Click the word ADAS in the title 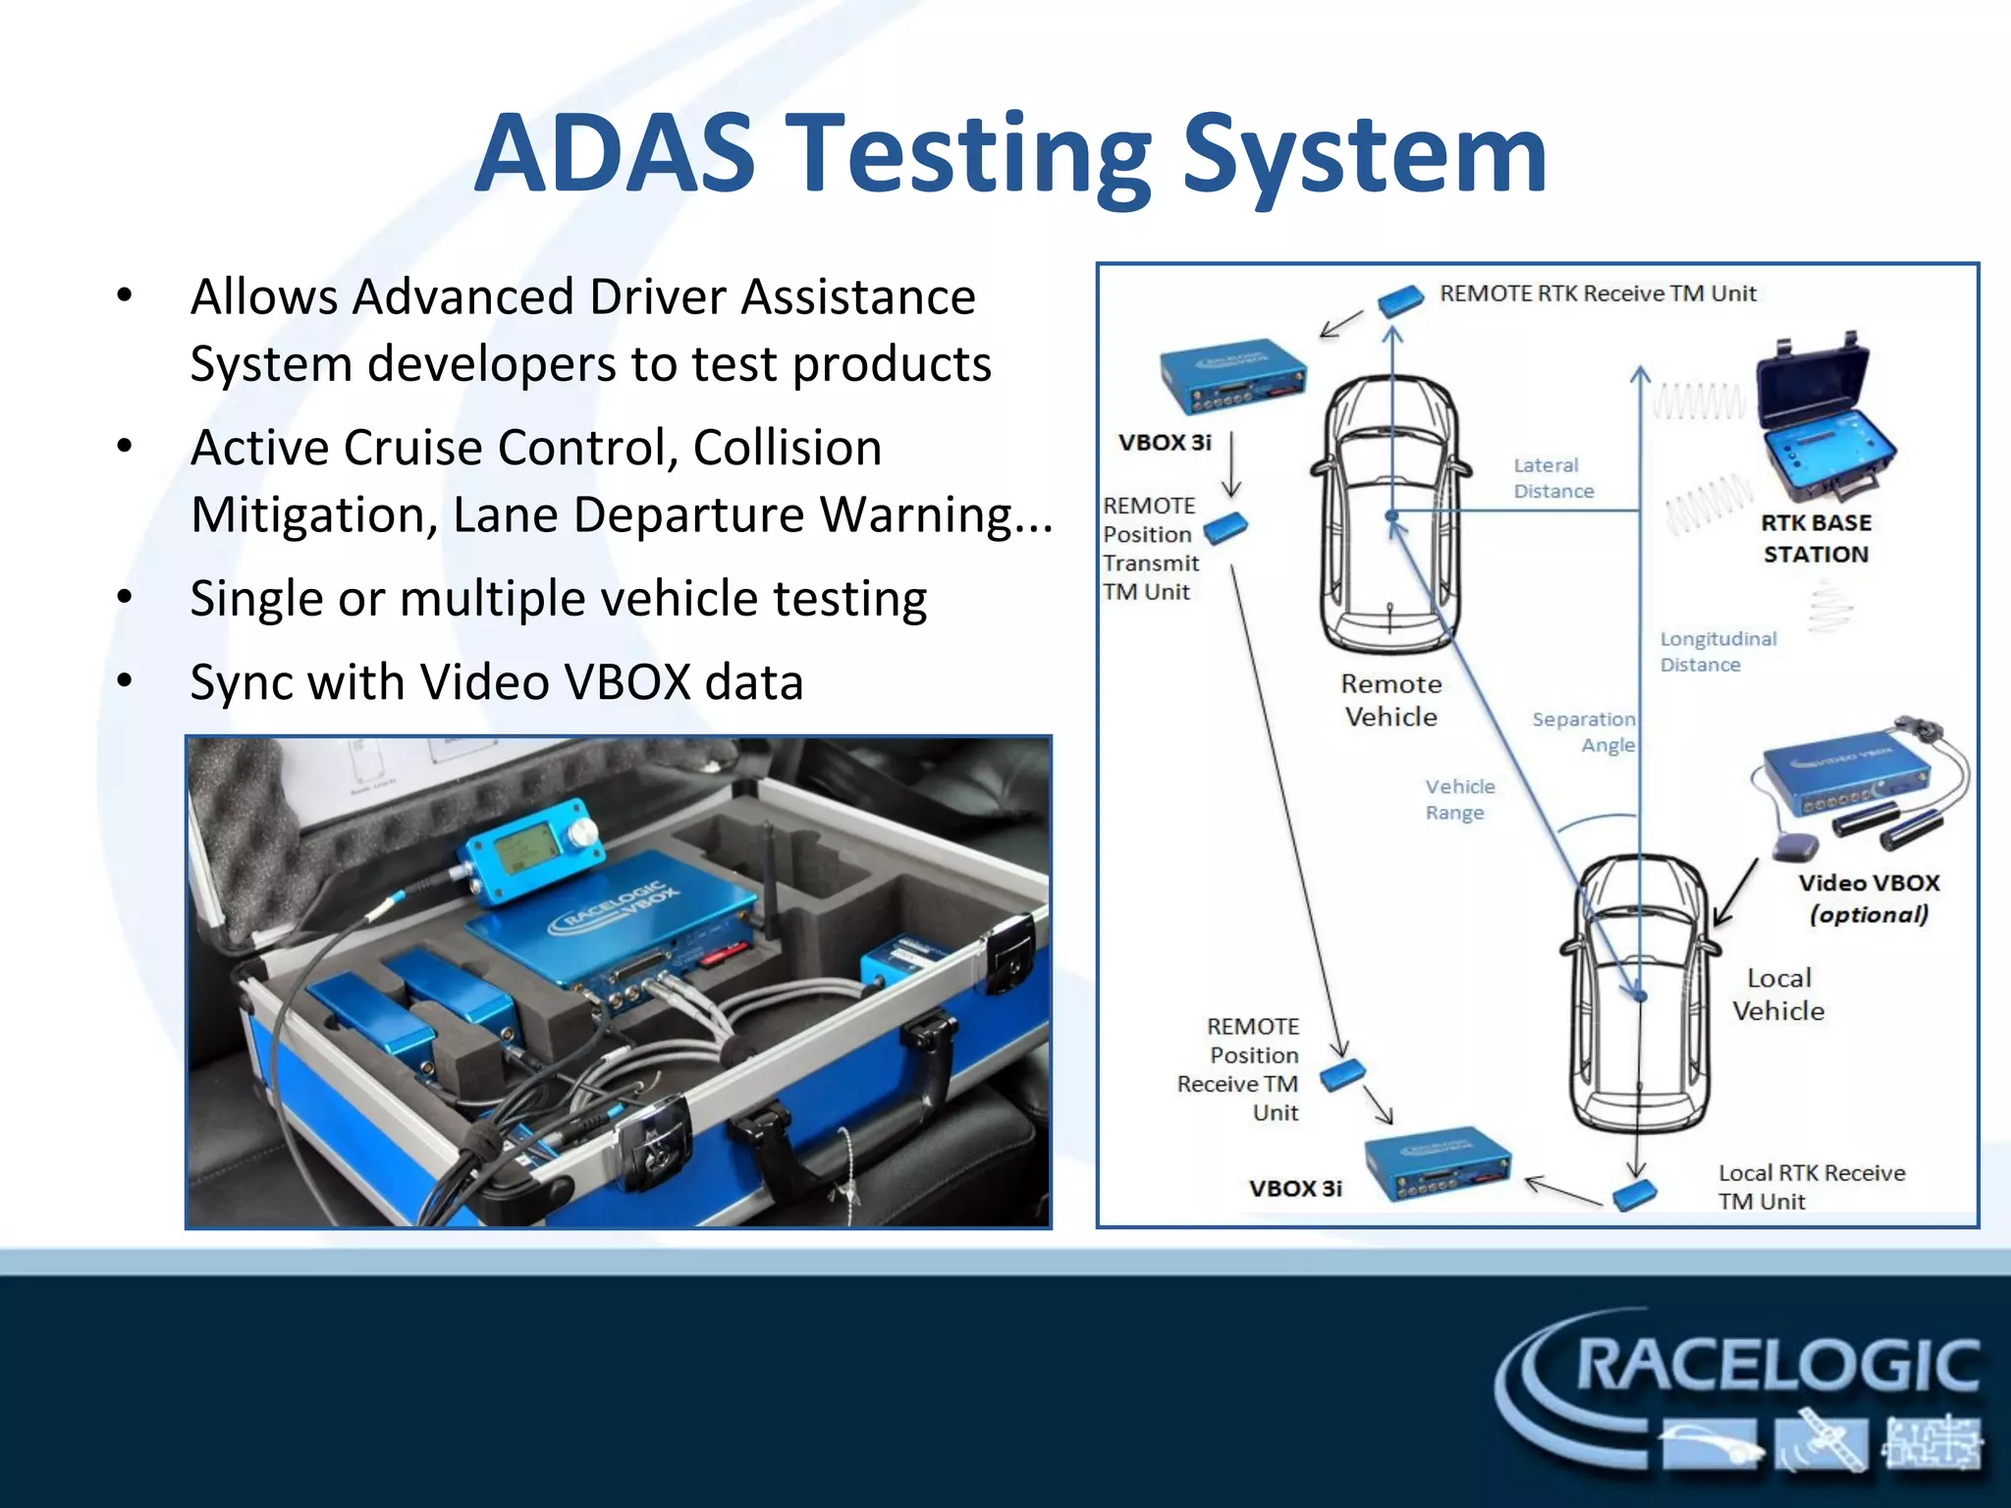[616, 153]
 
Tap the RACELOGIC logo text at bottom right [1777, 1366]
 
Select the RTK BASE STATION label [1817, 539]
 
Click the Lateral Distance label [1553, 478]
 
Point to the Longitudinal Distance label [1718, 652]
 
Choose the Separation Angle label [1584, 732]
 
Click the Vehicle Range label [1460, 799]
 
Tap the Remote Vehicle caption [1391, 700]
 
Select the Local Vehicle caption [1778, 995]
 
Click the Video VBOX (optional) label [1869, 898]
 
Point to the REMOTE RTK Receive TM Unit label [1598, 294]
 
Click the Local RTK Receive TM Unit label [1812, 1187]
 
